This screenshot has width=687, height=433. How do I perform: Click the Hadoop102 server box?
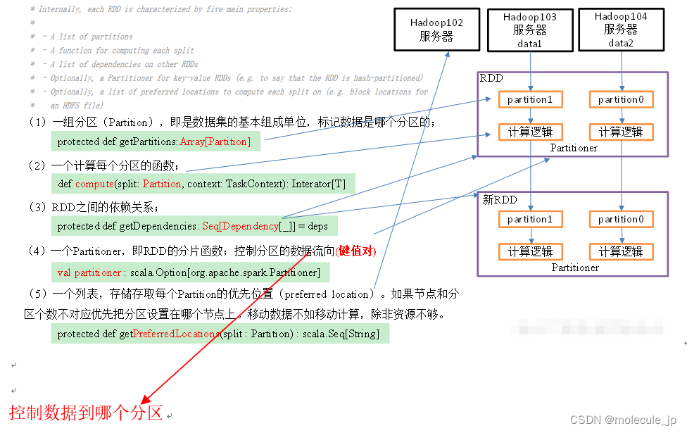point(436,30)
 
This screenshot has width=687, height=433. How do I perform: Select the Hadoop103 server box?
point(530,30)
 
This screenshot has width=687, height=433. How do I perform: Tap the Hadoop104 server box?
point(620,30)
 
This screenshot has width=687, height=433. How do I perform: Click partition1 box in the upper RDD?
point(530,99)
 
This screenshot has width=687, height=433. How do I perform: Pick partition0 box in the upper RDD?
point(621,99)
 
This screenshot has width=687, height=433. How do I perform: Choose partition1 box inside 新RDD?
point(530,219)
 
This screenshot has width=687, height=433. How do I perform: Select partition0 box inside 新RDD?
point(621,219)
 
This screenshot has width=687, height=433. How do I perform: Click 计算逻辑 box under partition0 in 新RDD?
point(621,251)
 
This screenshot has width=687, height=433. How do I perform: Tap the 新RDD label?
point(499,200)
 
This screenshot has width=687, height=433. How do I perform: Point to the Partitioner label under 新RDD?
point(574,268)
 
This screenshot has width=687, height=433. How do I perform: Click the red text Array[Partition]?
point(215,142)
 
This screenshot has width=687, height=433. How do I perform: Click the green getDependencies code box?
point(194,226)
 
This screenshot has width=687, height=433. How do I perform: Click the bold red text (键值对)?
point(356,251)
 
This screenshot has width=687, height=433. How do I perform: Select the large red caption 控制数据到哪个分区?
point(86,412)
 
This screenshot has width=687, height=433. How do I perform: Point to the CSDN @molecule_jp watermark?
point(622,420)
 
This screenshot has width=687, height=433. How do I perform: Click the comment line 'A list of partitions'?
point(92,37)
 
